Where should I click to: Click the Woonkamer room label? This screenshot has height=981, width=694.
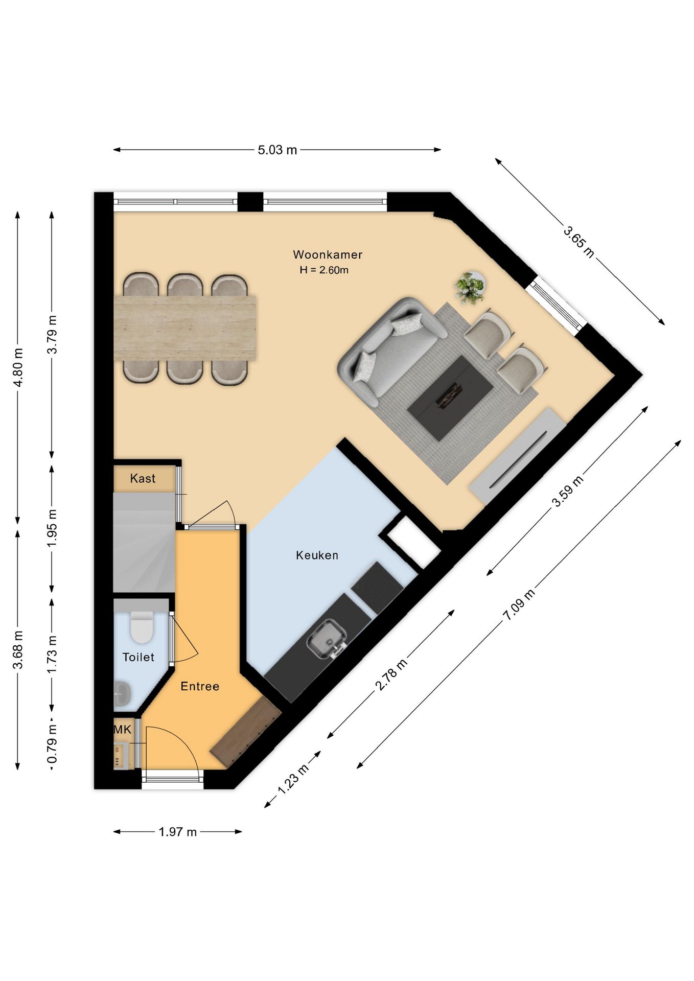(x=328, y=254)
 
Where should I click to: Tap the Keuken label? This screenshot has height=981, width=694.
(x=317, y=555)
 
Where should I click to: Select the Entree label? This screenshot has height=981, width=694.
(x=200, y=686)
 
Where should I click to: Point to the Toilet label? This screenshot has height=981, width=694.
(x=138, y=657)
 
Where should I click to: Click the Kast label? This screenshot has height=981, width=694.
(x=143, y=479)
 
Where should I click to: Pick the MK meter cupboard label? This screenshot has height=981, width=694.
(x=123, y=730)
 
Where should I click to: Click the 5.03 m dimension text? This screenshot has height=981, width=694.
(x=277, y=150)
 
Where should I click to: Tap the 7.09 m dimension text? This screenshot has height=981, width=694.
(x=520, y=604)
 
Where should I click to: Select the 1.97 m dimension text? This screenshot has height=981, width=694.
(x=177, y=832)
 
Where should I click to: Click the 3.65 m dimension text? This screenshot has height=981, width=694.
(x=579, y=242)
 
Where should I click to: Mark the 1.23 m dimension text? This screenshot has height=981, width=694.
(x=293, y=779)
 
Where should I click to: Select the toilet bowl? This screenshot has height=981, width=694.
(x=142, y=627)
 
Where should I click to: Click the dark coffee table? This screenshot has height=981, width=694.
(x=450, y=398)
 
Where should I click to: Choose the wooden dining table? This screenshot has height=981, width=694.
(x=184, y=328)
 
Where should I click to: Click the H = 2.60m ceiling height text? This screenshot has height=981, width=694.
(x=324, y=270)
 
